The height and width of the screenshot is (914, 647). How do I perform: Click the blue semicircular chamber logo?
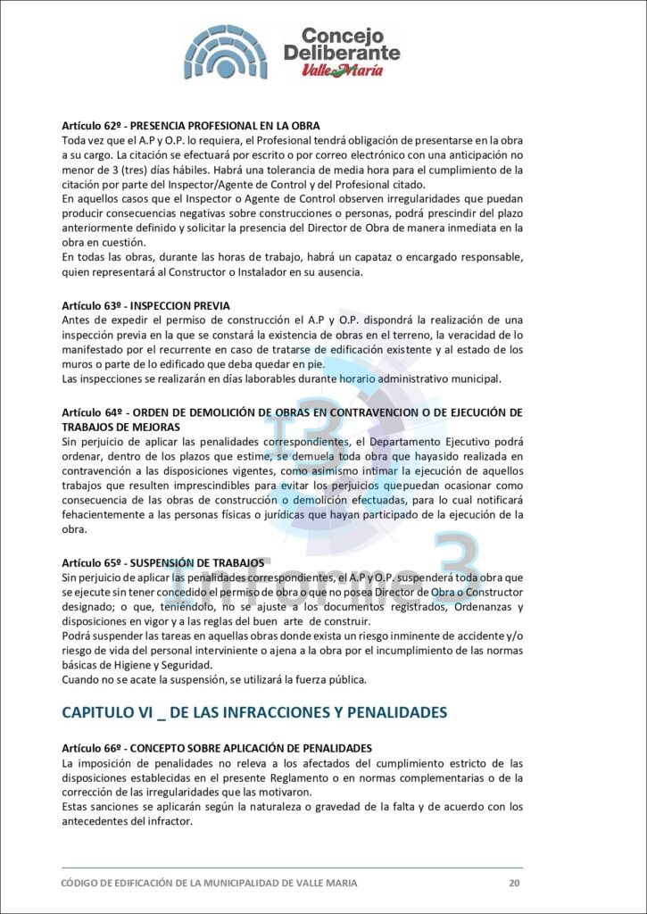coord(225,53)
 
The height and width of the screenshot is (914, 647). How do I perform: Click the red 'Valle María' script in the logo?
coord(342,70)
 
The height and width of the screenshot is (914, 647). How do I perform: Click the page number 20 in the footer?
coord(514,883)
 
